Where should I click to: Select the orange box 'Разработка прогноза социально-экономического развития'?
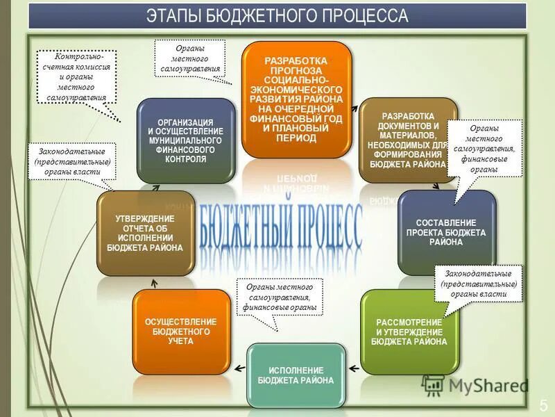click(x=296, y=99)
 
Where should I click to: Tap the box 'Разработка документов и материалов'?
click(x=408, y=140)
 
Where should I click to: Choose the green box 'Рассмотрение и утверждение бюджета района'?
click(x=409, y=332)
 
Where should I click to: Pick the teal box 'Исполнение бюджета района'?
click(x=296, y=375)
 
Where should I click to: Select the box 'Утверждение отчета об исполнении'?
click(x=145, y=232)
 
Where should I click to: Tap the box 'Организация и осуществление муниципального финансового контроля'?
click(x=185, y=140)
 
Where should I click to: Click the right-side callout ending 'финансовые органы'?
click(x=484, y=148)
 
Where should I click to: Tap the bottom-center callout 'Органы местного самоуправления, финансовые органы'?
click(x=279, y=297)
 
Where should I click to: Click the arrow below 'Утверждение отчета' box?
click(x=154, y=283)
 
